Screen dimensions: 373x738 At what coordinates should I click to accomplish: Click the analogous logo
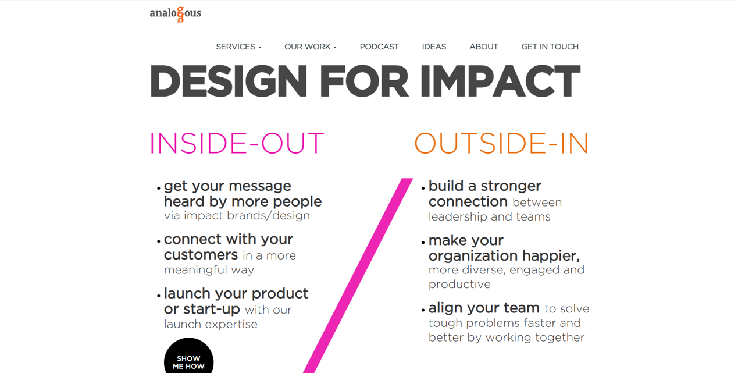click(x=175, y=13)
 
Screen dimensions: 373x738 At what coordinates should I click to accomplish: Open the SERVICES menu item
click(x=238, y=47)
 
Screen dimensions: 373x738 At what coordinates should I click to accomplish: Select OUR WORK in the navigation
click(x=310, y=47)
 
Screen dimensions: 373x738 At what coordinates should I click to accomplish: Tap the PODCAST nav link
click(x=379, y=47)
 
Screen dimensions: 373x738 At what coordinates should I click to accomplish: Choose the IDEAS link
click(x=434, y=47)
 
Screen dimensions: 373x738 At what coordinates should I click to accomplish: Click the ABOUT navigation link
click(x=484, y=47)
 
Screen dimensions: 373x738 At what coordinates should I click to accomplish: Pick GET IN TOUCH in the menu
click(x=550, y=47)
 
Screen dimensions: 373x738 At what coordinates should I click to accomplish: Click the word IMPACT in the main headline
click(x=500, y=82)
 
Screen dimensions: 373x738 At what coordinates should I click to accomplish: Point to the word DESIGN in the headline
click(x=229, y=82)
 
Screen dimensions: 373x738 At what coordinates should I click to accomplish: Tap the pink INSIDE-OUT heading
click(x=236, y=143)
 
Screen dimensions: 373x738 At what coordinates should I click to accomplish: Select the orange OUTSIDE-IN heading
click(x=501, y=143)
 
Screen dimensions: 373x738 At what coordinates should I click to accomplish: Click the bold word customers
click(x=201, y=255)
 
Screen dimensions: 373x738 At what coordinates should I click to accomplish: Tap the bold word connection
click(x=468, y=201)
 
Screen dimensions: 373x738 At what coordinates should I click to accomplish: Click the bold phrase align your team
click(x=484, y=308)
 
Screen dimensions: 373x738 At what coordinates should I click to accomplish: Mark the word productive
click(x=459, y=284)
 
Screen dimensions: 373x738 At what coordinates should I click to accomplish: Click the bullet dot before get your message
click(x=159, y=188)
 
